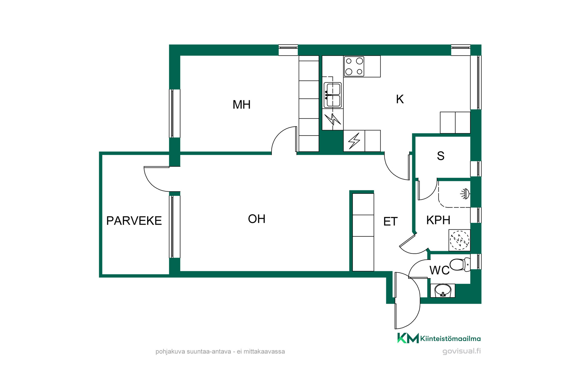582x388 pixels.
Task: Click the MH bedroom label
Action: tap(242, 105)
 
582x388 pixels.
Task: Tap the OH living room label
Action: tap(257, 219)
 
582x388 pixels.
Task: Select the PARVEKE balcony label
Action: tap(134, 221)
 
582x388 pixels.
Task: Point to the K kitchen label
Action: tap(400, 99)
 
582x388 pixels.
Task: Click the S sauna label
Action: tap(441, 156)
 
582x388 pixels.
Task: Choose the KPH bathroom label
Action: tap(438, 220)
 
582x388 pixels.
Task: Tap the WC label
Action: tap(440, 270)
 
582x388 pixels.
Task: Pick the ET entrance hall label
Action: tap(390, 222)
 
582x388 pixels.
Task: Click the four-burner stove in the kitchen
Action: tap(354, 66)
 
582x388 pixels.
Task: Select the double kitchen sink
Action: tap(333, 95)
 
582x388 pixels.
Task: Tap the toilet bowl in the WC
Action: tap(460, 265)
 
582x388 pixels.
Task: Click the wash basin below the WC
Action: tap(443, 291)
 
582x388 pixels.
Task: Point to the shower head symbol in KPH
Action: tap(465, 194)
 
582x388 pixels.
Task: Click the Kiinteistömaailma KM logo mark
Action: tap(408, 338)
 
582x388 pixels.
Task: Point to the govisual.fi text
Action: tap(462, 351)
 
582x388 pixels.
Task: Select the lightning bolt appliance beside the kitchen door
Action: tap(354, 141)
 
